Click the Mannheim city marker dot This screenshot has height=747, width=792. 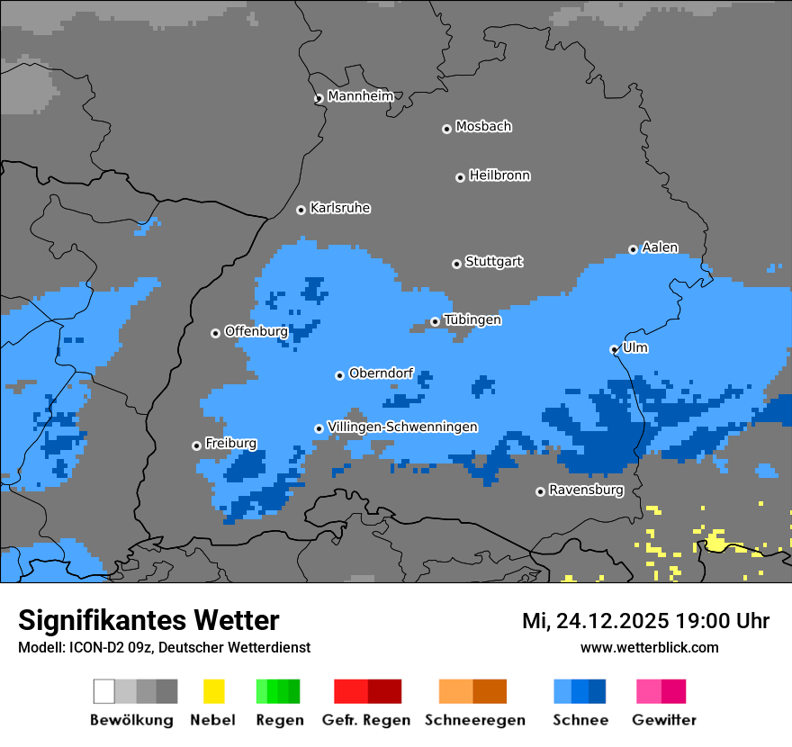coord(319,99)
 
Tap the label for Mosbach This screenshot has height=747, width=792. coord(483,127)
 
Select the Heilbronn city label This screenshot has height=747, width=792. coord(499,175)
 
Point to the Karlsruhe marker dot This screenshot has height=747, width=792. coord(301,210)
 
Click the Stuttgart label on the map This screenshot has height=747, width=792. coord(493,262)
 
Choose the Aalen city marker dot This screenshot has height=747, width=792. coord(633,249)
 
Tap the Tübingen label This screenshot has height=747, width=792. coord(472,319)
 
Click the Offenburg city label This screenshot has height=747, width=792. coord(256,331)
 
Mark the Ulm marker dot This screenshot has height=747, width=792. coord(614,349)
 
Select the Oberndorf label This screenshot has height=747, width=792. coord(381,373)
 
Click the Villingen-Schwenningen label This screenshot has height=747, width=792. coord(402,427)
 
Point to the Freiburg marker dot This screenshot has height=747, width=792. coord(196,445)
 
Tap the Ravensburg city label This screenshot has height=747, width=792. coord(586,490)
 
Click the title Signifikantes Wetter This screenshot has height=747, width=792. coord(148,620)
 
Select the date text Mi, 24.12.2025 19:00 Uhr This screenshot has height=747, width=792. coord(645,621)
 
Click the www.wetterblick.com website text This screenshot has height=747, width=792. coord(649,647)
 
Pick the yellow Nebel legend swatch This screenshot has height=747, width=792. coord(213,691)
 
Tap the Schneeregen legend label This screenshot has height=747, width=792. coord(475,720)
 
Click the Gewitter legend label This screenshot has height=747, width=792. coord(664,720)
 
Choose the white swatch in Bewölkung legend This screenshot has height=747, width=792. coord(104,691)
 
